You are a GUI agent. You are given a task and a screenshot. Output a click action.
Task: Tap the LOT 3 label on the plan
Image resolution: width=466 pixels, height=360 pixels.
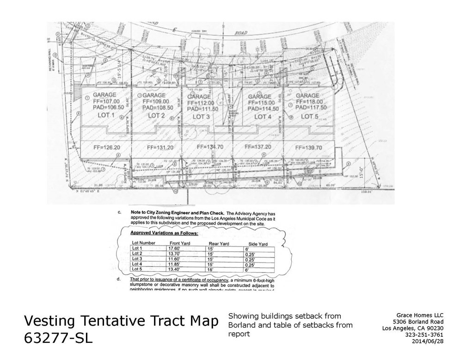pyautogui.click(x=202, y=117)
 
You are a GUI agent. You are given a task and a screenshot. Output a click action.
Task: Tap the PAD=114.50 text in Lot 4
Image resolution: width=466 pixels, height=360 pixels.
pyautogui.click(x=264, y=109)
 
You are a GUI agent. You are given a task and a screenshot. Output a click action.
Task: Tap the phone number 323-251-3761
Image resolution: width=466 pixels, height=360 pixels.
pyautogui.click(x=424, y=335)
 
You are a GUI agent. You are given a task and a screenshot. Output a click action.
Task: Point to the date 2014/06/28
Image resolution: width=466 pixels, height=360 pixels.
pyautogui.click(x=427, y=341)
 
